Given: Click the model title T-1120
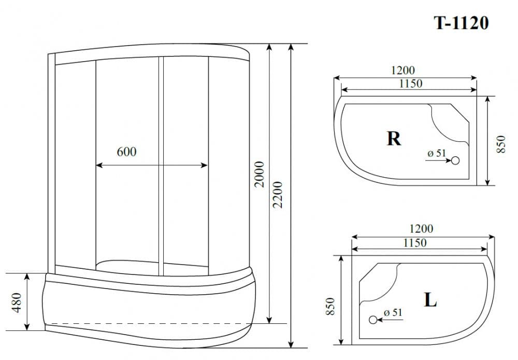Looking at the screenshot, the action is [x=461, y=23].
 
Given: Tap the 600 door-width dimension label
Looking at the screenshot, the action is [x=126, y=152].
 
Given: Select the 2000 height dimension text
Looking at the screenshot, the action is [x=260, y=175].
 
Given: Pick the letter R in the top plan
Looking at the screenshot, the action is [x=394, y=138].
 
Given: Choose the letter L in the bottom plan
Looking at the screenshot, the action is [x=430, y=300].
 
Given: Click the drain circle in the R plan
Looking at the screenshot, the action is [x=455, y=161].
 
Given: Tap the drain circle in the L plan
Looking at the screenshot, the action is [x=372, y=320].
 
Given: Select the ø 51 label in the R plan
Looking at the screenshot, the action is [x=436, y=153].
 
